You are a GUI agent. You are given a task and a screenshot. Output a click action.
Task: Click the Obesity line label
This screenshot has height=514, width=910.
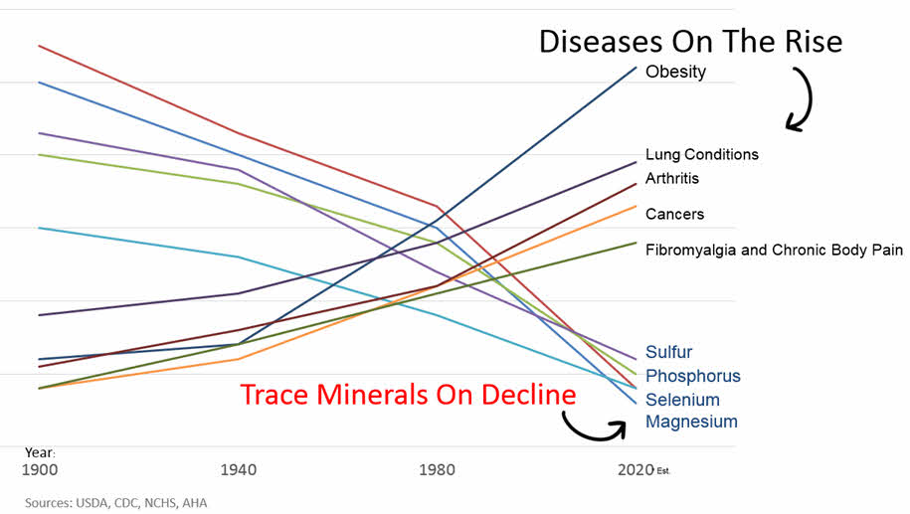pyautogui.click(x=675, y=72)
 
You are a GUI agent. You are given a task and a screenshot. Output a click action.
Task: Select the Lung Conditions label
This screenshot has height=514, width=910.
pyautogui.click(x=701, y=154)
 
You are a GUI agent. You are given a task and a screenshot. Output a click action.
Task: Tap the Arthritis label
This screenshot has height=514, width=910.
pyautogui.click(x=672, y=178)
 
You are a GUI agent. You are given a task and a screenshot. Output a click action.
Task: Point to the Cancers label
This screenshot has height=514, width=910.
pyautogui.click(x=674, y=214)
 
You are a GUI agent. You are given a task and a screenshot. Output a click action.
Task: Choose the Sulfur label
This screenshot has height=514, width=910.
pyautogui.click(x=668, y=352)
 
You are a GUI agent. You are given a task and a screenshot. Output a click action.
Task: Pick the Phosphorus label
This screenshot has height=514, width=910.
pyautogui.click(x=692, y=376)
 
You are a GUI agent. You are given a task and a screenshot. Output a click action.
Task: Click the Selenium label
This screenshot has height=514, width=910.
pyautogui.click(x=682, y=400)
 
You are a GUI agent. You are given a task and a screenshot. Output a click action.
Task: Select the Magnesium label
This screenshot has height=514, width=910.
pyautogui.click(x=691, y=422)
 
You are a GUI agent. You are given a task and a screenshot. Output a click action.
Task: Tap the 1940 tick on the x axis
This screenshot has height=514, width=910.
pyautogui.click(x=239, y=468)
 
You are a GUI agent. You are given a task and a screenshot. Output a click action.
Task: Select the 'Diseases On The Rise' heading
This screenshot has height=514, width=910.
pyautogui.click(x=690, y=41)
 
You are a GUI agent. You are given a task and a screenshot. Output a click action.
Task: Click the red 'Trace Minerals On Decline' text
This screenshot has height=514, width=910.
pyautogui.click(x=408, y=394)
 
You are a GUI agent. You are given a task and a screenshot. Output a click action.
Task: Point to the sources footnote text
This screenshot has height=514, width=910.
pyautogui.click(x=115, y=503)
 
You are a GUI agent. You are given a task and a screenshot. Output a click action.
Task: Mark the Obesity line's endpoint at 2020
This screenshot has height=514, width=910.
pyautogui.click(x=637, y=67)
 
